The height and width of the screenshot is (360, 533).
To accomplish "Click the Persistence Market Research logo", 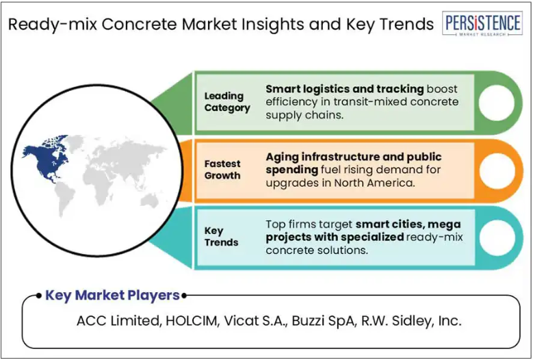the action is [x=482, y=23].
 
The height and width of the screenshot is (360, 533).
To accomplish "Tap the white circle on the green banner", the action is [x=497, y=103].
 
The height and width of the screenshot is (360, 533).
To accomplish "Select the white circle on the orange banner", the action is [x=497, y=170].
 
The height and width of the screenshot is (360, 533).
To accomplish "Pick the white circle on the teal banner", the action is [x=497, y=238].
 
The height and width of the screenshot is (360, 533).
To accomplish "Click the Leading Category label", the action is [x=227, y=102].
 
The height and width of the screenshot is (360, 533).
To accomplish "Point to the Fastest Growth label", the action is [x=222, y=170].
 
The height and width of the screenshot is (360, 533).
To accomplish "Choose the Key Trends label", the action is [x=221, y=237].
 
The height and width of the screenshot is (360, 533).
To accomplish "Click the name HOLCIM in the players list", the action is [x=192, y=320].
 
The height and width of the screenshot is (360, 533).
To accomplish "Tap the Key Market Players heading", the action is [x=112, y=295].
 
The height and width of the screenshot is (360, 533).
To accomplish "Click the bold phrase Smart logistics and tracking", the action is [x=345, y=89].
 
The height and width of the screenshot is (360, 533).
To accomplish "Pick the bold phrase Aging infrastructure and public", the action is [x=354, y=157].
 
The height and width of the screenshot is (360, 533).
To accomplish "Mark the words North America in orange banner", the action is [x=374, y=183].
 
